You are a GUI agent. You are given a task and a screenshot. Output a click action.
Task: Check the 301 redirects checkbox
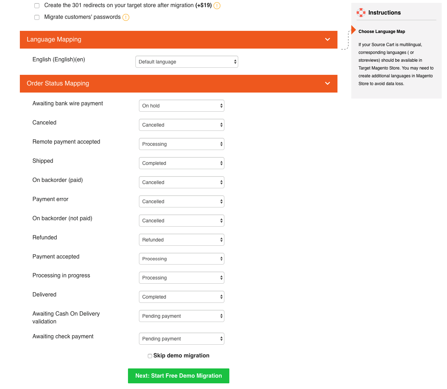point(37,6)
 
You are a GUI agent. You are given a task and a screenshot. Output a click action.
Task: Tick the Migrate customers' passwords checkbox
point(37,17)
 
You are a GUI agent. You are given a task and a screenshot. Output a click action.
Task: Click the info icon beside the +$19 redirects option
point(217,6)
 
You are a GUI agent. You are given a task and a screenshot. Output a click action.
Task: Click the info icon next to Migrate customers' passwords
point(126,17)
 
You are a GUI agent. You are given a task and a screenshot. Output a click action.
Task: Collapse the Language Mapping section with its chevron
point(328,39)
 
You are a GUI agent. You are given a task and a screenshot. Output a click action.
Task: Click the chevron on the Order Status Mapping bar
point(328,83)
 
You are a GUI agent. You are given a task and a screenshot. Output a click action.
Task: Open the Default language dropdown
point(186,62)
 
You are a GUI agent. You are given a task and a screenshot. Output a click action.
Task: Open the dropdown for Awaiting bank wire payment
point(181,106)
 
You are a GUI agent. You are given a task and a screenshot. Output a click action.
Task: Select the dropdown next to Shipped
point(181,163)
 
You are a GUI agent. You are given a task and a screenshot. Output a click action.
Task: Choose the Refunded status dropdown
point(181,240)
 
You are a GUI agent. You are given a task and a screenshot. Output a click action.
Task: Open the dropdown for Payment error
point(181,201)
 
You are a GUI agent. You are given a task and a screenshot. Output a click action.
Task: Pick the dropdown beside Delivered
point(181,297)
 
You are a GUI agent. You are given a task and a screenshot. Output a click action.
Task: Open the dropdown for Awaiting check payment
point(181,339)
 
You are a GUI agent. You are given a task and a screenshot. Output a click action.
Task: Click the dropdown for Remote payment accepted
point(181,144)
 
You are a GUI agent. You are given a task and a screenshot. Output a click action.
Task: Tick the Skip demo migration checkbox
point(150,356)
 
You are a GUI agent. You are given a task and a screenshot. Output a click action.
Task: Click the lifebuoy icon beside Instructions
point(361,13)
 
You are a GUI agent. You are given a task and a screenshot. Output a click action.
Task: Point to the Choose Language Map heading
point(381,32)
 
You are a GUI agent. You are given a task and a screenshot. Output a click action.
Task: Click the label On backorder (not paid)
point(62,218)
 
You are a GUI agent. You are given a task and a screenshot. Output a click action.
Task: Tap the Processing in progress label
point(61,276)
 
